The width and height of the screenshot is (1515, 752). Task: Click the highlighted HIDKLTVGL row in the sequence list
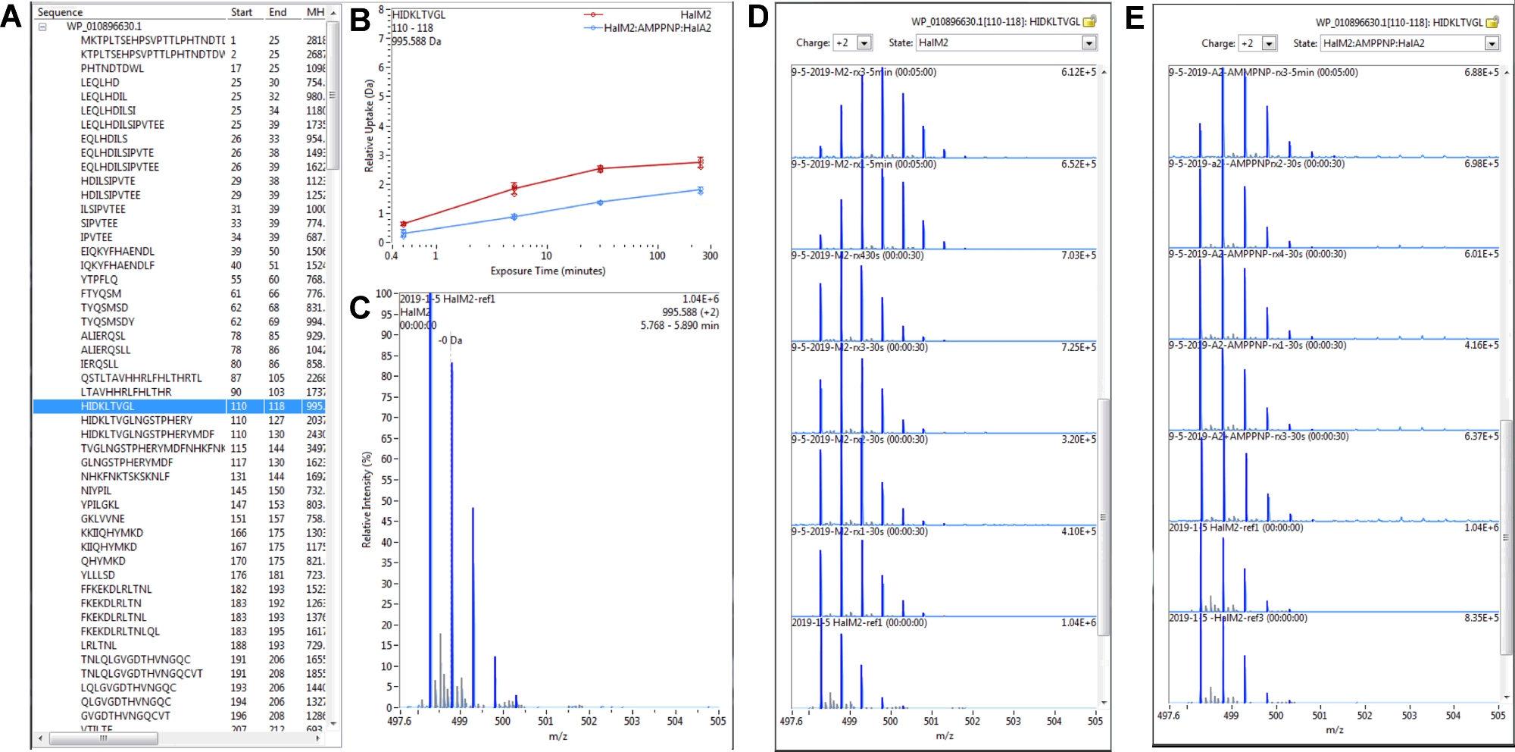108,406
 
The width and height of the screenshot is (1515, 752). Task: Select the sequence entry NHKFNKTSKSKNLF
125,477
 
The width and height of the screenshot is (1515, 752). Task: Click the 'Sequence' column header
61,12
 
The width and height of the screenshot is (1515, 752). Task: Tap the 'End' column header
277,12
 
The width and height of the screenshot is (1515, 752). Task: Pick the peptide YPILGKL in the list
100,505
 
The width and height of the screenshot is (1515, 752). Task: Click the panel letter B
360,20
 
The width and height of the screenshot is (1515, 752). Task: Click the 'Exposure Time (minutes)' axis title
548,271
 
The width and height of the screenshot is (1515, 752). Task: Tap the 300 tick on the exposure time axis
710,256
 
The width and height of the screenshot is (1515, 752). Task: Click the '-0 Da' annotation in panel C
450,340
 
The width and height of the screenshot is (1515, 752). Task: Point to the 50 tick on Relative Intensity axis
386,501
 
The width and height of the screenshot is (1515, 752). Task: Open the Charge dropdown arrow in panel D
864,43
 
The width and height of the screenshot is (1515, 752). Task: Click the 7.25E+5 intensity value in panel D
1078,347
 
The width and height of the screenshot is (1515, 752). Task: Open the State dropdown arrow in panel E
1492,44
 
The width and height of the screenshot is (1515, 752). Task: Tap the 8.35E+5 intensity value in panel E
1481,618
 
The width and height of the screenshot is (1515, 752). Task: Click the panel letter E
1135,17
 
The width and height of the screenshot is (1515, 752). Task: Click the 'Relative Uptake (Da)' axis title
370,126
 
